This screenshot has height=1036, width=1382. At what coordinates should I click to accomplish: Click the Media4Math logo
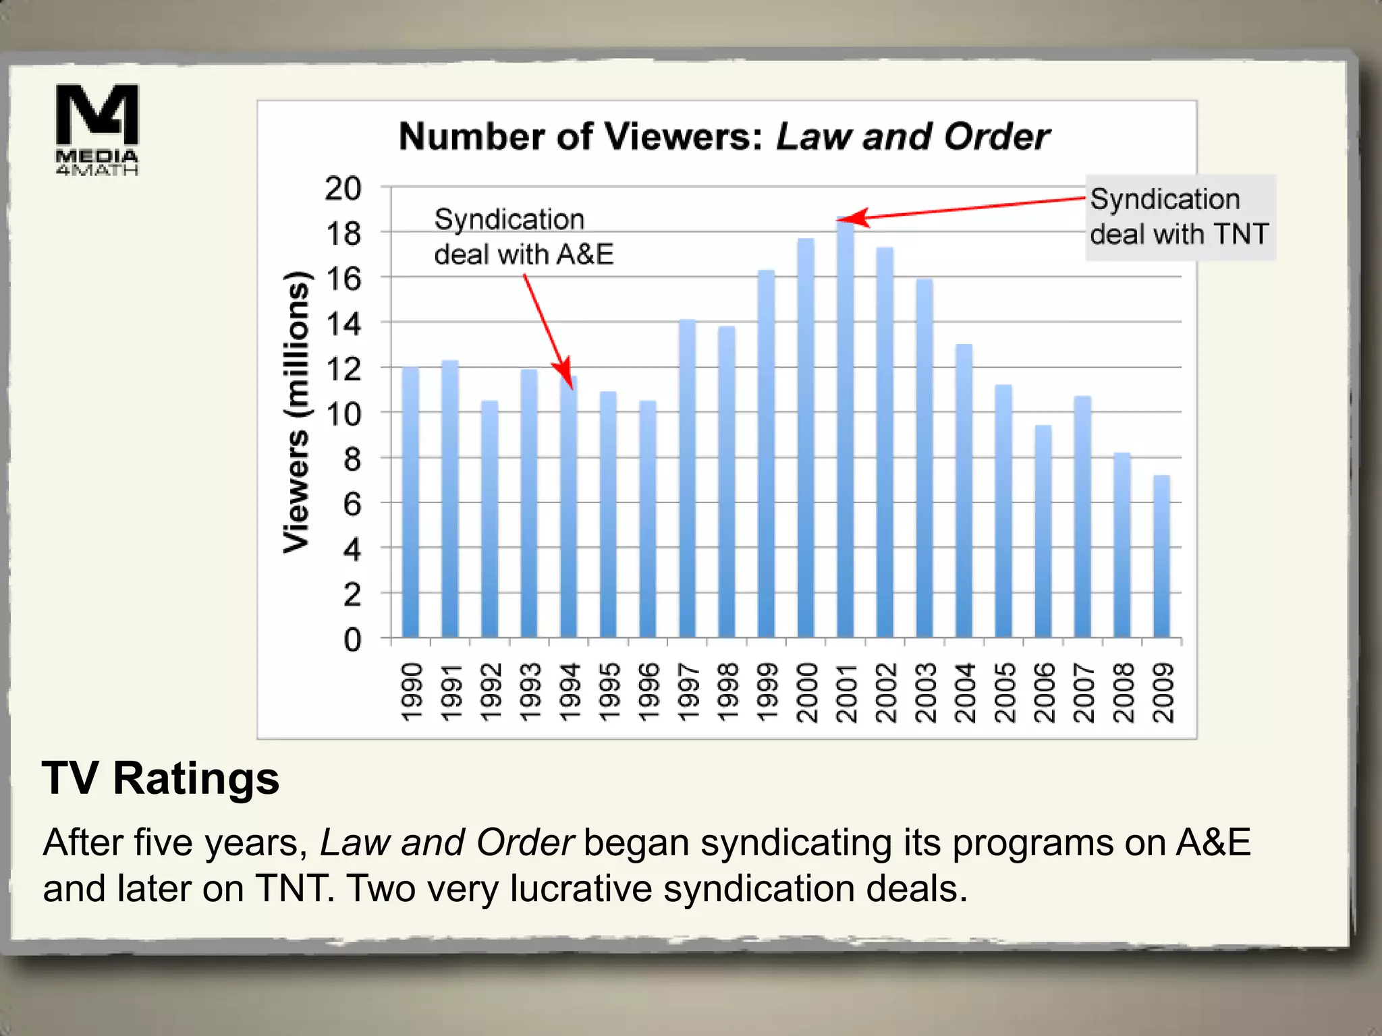click(96, 129)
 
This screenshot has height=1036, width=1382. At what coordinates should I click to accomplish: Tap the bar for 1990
click(410, 502)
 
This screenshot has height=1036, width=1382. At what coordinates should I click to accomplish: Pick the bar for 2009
click(1161, 556)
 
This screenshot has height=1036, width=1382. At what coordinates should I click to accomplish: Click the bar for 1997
click(687, 479)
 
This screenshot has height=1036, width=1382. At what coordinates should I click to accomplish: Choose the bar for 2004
click(964, 491)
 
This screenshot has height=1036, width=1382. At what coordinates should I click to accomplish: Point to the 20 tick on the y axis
click(343, 188)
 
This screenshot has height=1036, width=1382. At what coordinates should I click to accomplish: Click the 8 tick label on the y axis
click(352, 459)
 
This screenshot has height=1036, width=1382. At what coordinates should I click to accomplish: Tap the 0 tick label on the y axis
click(352, 639)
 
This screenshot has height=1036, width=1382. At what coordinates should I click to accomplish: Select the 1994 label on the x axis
click(570, 692)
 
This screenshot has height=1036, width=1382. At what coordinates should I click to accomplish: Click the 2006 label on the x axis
click(1043, 692)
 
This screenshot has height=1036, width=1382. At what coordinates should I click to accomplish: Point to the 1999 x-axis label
click(767, 692)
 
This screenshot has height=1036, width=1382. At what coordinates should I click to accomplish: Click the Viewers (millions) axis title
click(296, 412)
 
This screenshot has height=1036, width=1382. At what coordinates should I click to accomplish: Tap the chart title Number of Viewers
click(724, 137)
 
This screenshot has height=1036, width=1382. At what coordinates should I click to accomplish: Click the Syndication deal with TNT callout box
click(1180, 217)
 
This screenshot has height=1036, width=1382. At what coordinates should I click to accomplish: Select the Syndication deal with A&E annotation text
click(524, 237)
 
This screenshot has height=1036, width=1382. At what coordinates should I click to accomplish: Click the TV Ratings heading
click(161, 778)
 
